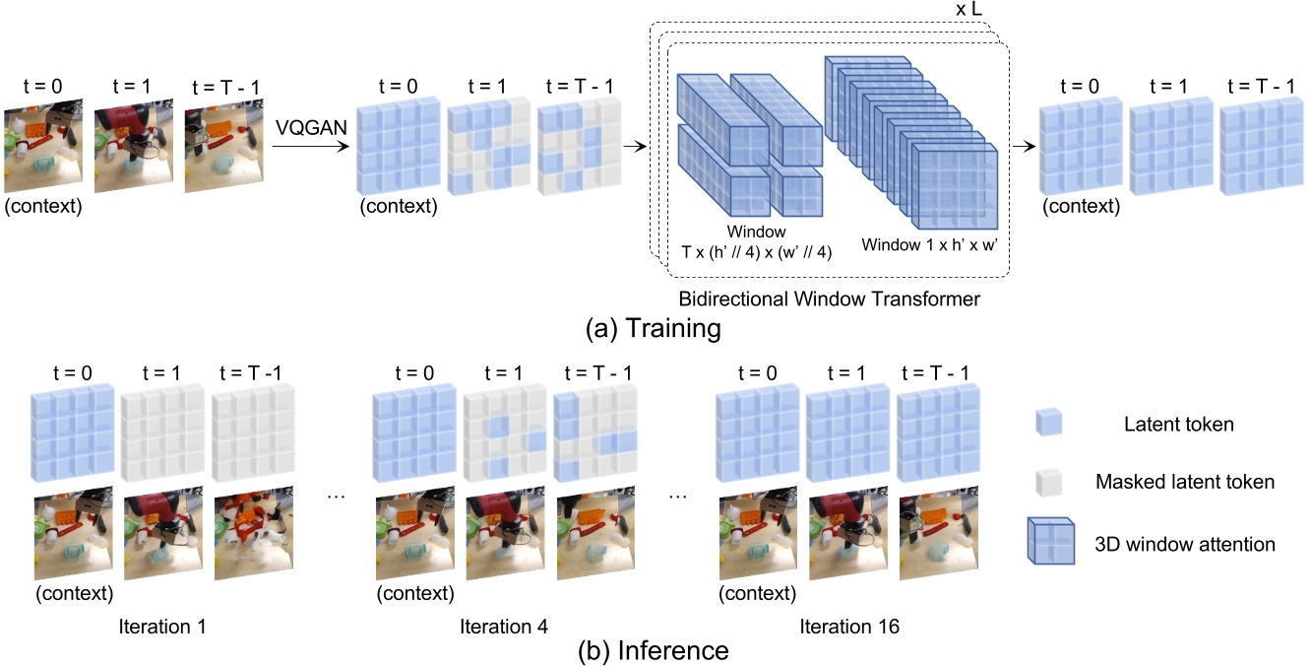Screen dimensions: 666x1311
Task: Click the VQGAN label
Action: tap(309, 125)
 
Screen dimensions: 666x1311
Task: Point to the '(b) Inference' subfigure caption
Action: tap(656, 650)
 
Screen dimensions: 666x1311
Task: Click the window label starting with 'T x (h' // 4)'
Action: tap(757, 250)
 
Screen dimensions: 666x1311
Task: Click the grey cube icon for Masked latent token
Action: tap(1049, 482)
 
